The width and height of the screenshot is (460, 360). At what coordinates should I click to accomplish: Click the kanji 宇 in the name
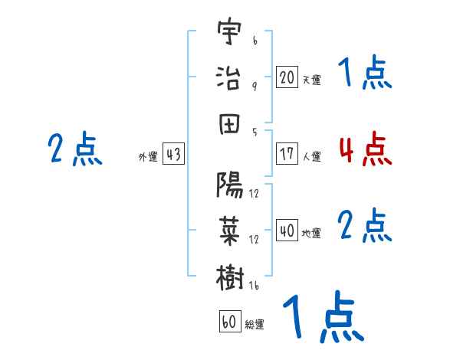tap(229, 31)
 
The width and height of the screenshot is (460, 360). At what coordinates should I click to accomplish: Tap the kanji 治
tap(228, 77)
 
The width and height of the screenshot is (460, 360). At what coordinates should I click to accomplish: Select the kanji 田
tap(229, 124)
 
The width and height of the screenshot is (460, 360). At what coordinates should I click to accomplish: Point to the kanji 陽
tap(229, 185)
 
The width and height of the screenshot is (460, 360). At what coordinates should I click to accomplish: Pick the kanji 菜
tap(229, 231)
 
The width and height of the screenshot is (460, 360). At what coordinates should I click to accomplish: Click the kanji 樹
tap(230, 277)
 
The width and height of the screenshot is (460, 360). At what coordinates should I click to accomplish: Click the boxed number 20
tap(287, 77)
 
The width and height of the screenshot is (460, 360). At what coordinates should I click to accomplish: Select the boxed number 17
tap(287, 154)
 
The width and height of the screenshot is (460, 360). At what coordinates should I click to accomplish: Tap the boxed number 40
tap(287, 230)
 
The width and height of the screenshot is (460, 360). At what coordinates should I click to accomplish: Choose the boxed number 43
tap(173, 154)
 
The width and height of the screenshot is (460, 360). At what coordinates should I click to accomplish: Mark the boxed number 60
tap(230, 321)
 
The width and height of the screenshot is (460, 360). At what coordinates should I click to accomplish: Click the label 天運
tap(312, 80)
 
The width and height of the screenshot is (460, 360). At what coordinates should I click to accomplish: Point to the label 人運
tap(312, 156)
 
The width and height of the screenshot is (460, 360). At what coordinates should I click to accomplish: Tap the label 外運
tap(148, 156)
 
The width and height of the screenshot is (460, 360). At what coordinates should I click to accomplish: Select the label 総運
tap(255, 324)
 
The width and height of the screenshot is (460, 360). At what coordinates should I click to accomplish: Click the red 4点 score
tap(366, 149)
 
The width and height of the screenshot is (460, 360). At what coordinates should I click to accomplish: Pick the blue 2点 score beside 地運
tap(365, 225)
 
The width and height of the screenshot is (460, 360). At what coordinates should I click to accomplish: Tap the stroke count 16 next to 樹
tap(254, 286)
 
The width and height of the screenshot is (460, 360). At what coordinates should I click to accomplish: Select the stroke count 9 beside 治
tap(255, 87)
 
